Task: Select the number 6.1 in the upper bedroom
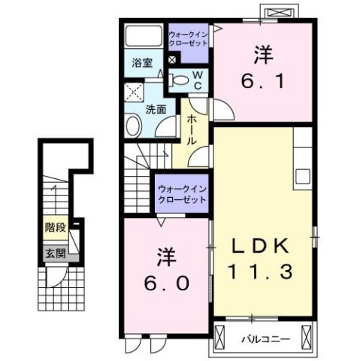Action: click(262, 78)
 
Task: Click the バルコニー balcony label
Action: click(265, 338)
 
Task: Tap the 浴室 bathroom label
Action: click(141, 63)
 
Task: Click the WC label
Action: click(196, 80)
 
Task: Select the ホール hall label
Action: click(192, 129)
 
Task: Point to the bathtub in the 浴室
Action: click(143, 37)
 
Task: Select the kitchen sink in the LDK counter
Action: click(303, 176)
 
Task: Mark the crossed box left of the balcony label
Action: click(222, 338)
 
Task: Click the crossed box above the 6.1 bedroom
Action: click(280, 13)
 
